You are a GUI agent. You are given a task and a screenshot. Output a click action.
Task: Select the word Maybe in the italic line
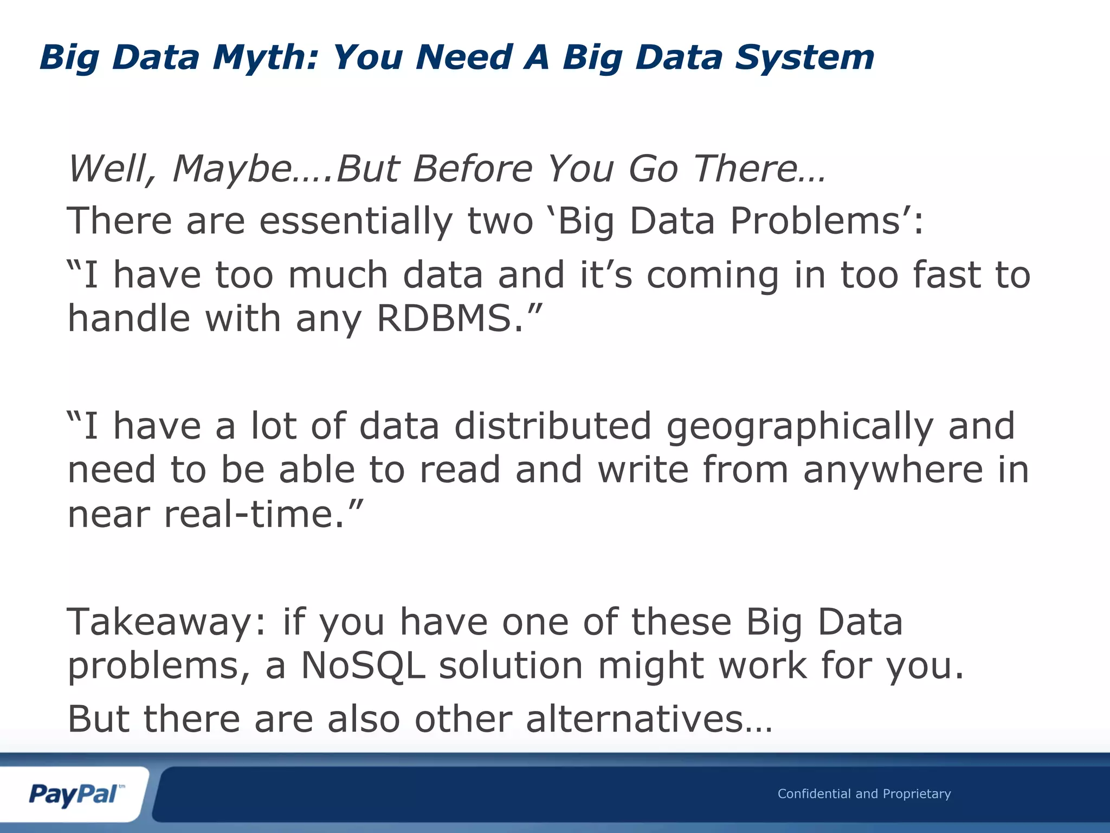coord(234,169)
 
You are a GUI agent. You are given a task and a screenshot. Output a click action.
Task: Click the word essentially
coord(356,221)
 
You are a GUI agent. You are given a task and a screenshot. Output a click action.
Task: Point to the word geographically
coord(799,427)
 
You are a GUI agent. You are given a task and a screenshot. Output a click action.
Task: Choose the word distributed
coord(552,426)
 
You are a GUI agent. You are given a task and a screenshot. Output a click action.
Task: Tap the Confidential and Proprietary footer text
coord(864,794)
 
